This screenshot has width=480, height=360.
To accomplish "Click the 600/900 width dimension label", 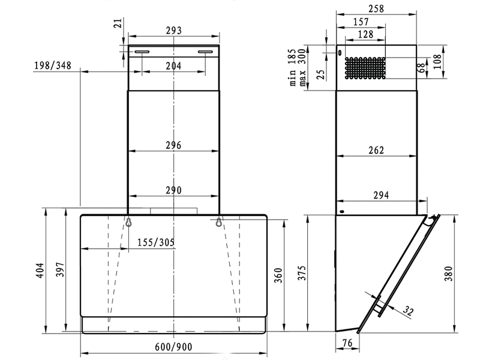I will [173, 347].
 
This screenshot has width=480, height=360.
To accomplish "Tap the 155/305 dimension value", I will [155, 242].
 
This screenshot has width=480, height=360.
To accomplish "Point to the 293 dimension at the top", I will [173, 31].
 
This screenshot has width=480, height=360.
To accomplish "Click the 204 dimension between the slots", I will [173, 65].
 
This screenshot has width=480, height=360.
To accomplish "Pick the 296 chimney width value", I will [173, 145].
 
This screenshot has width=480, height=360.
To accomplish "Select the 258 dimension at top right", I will [376, 8].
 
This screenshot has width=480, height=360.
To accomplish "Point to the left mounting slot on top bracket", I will [142, 52].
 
